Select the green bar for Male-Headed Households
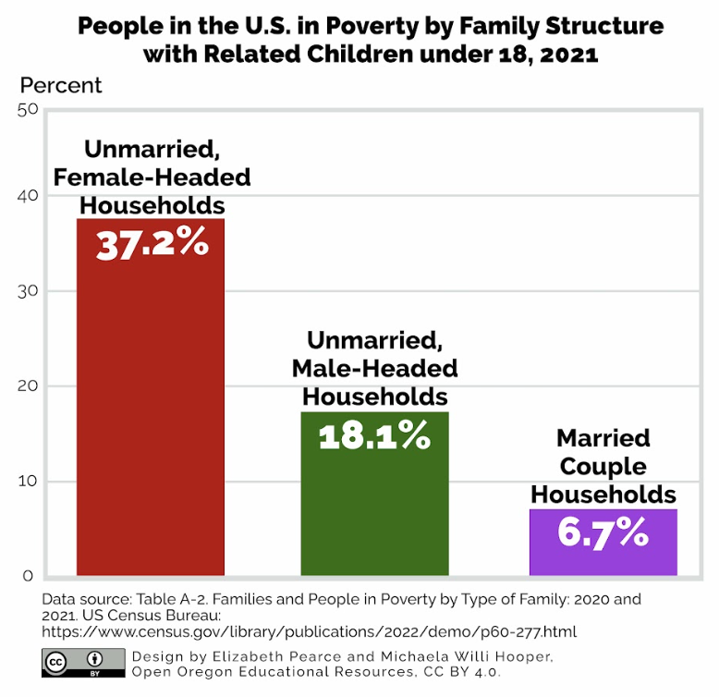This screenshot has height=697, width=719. tap(374, 508)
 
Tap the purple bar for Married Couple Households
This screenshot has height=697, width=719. tap(603, 555)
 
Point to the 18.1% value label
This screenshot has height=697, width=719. tap(374, 435)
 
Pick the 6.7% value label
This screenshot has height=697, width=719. tap(603, 532)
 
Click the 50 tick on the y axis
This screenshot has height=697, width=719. tap(27, 110)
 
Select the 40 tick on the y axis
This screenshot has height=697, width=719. tap(27, 196)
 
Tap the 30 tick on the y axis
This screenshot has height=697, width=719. tap(27, 291)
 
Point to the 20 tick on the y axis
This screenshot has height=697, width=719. tap(27, 386)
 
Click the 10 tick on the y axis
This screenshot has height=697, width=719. tap(27, 481)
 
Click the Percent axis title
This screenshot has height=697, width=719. tap(61, 86)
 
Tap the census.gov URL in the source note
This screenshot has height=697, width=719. tap(309, 632)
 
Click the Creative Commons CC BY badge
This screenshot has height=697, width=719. tap(83, 662)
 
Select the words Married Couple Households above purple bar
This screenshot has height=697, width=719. tap(603, 466)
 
